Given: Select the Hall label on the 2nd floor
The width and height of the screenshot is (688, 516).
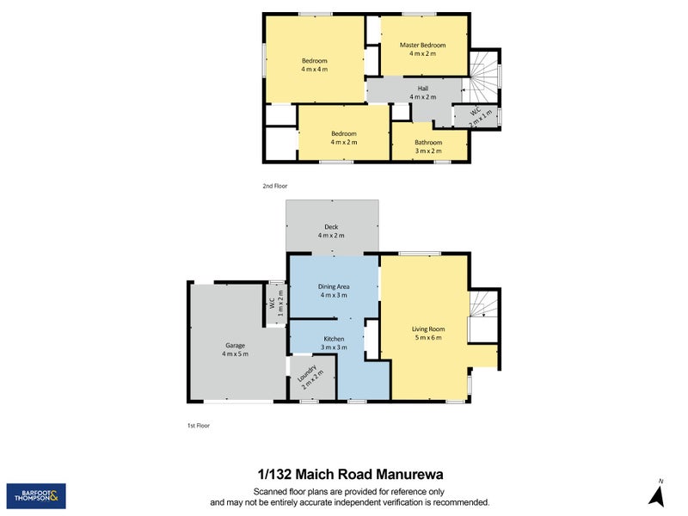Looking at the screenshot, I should (422, 89).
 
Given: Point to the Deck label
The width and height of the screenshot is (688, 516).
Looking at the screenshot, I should (331, 227).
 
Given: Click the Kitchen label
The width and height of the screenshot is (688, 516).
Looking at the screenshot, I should (334, 339).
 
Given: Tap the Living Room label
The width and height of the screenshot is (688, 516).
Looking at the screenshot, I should (428, 329).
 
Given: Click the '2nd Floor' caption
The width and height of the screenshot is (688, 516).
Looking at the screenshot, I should (275, 186).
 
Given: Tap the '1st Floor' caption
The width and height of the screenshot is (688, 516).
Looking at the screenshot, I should (199, 426).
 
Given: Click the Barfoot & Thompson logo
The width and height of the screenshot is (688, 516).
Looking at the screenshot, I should (36, 495).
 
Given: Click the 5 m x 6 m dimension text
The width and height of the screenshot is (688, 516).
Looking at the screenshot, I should (428, 338).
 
